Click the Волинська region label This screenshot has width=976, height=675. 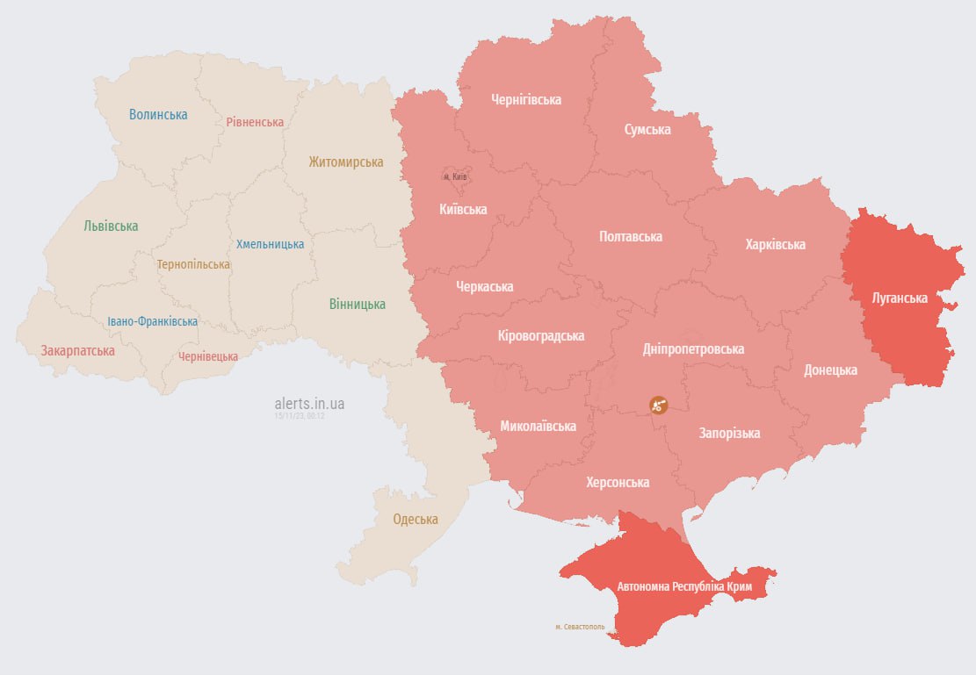point(158,114)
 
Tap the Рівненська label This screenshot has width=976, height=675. point(255,122)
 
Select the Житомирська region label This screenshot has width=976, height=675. point(345,162)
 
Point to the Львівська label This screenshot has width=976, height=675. point(111,226)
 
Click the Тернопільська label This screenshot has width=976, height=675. point(193,264)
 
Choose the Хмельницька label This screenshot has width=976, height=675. point(271,244)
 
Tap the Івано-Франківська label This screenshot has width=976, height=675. point(153,321)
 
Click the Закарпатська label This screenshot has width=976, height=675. point(77,350)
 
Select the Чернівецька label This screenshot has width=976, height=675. point(208,356)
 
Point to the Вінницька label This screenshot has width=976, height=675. point(357,304)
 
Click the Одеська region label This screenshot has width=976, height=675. point(415,519)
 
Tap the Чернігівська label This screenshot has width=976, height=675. point(526,99)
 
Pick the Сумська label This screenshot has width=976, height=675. point(647,129)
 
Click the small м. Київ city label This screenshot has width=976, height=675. point(455,176)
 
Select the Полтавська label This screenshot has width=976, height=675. point(630,236)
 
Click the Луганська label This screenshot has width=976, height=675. point(899,298)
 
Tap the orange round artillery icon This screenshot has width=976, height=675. point(658,405)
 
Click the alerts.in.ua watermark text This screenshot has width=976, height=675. point(309,403)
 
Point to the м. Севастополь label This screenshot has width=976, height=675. point(580,627)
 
